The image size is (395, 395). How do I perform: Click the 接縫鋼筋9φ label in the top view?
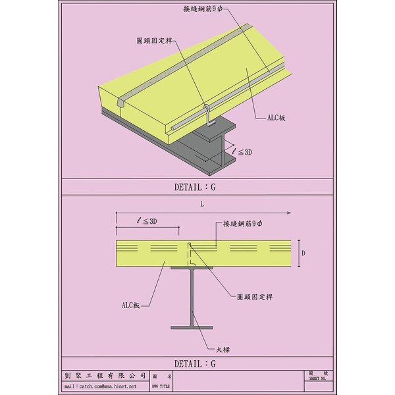tap(203, 9)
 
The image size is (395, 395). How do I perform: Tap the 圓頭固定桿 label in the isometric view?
tap(154, 41)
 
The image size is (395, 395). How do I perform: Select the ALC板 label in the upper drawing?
tap(276, 118)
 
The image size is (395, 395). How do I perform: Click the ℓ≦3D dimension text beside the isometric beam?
tap(242, 152)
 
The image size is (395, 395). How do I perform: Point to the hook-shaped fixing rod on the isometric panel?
tap(208, 115)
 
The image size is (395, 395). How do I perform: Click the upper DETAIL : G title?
tap(195, 187)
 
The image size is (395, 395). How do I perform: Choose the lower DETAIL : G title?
tap(195, 363)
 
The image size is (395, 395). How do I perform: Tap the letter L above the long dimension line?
tap(202, 204)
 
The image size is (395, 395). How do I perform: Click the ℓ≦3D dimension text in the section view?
tap(147, 221)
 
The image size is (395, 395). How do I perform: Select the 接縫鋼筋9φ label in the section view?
tap(242, 223)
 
